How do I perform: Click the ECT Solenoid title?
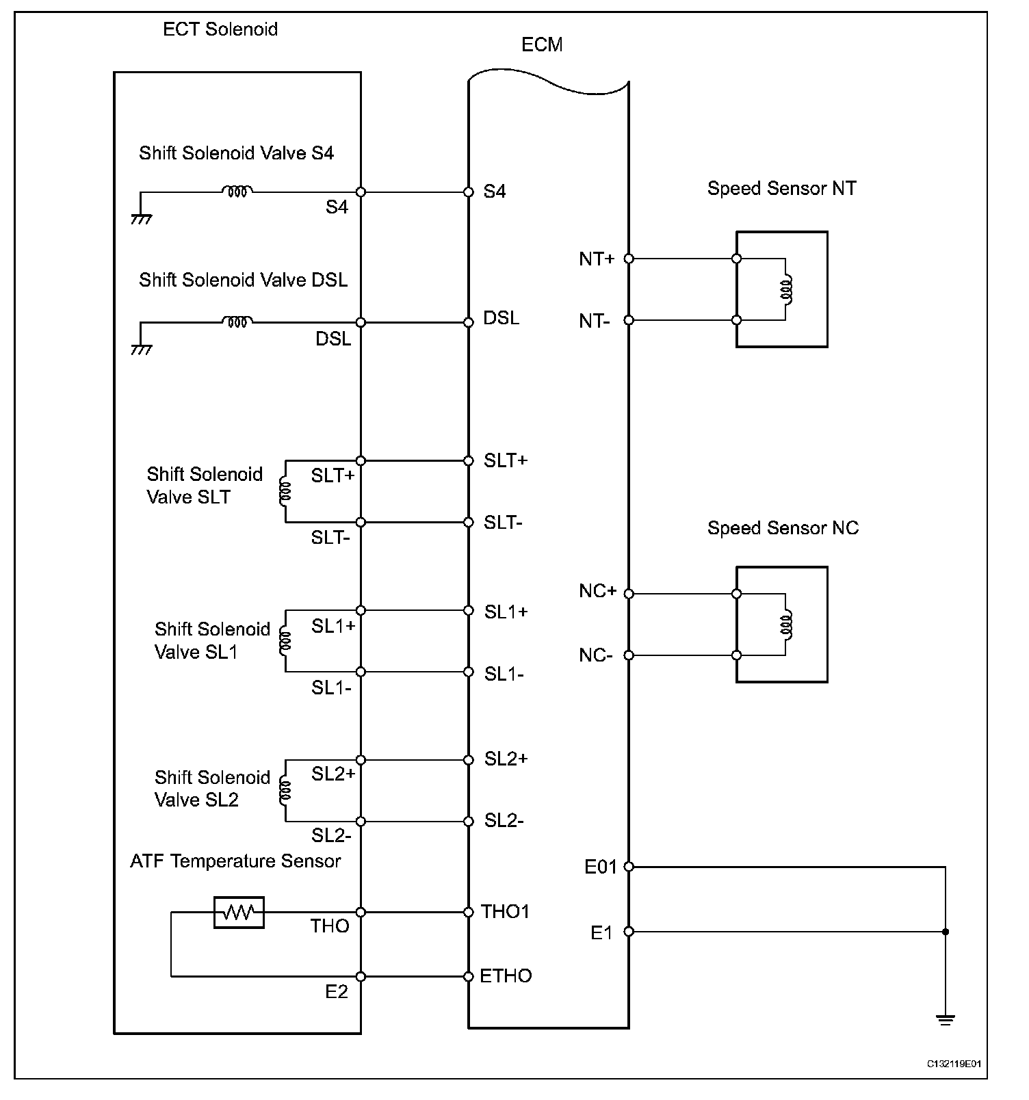[220, 29]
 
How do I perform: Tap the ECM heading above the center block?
[542, 45]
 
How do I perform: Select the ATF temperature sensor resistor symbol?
[239, 912]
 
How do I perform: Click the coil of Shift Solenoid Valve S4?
[237, 192]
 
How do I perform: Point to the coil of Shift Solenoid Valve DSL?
[237, 322]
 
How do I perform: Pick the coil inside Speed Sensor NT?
[787, 289]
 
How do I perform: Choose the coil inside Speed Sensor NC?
[787, 625]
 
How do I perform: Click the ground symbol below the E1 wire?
[946, 1021]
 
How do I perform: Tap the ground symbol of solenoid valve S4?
[141, 219]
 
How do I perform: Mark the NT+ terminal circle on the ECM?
[629, 259]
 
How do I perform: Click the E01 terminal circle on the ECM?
[629, 867]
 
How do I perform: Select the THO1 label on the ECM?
[505, 911]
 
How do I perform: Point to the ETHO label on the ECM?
[506, 975]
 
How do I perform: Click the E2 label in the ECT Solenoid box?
[337, 991]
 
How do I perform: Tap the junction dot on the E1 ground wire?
[946, 932]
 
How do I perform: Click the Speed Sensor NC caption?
[783, 528]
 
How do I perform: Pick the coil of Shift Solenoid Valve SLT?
[285, 491]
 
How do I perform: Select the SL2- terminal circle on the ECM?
[469, 821]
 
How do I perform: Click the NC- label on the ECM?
[595, 655]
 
